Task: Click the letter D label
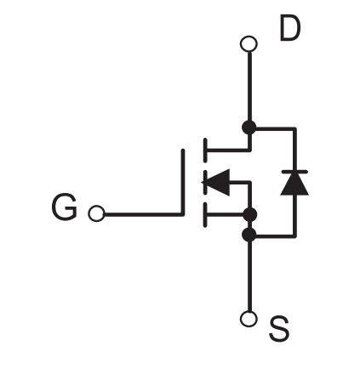[x=290, y=28]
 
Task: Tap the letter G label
[x=65, y=207]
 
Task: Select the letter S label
[x=279, y=329]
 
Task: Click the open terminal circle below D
[x=249, y=44]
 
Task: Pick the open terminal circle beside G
[x=96, y=213]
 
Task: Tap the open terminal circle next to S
[x=249, y=319]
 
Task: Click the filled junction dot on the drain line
[x=249, y=128]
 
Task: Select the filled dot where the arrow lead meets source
[x=250, y=214]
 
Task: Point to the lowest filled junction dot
[x=249, y=235]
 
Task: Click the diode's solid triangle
[x=294, y=184]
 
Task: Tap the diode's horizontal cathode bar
[x=294, y=172]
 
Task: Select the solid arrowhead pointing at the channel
[x=215, y=183]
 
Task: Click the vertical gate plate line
[x=183, y=182]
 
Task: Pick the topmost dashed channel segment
[x=205, y=150]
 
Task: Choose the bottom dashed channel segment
[x=205, y=214]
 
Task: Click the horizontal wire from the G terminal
[x=144, y=214]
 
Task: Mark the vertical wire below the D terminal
[x=249, y=87]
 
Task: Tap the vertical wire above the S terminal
[x=249, y=276]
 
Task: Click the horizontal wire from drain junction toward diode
[x=276, y=129]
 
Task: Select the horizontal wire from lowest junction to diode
[x=276, y=235]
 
